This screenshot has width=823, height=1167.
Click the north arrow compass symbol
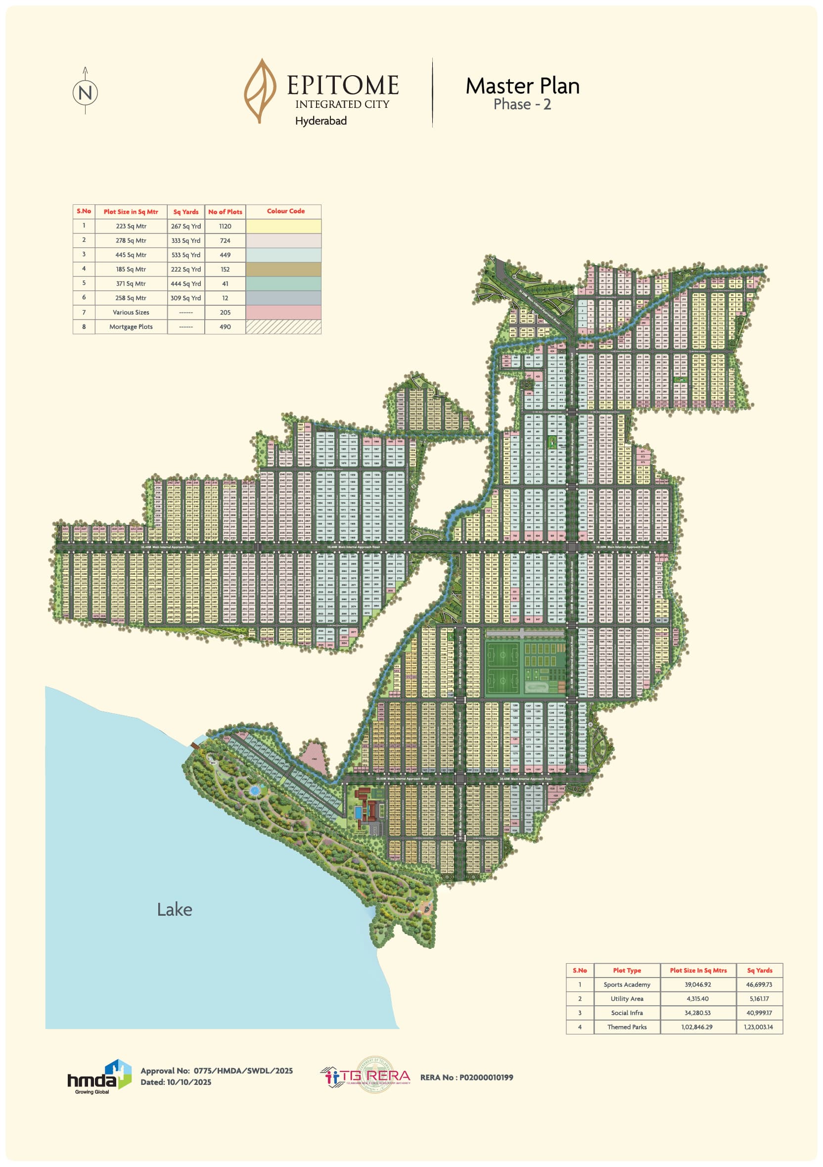click(x=86, y=92)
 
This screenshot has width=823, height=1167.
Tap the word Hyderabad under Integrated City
click(x=320, y=121)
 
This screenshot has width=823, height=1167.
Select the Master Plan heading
click(x=522, y=86)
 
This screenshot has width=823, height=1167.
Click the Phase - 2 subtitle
click(x=522, y=105)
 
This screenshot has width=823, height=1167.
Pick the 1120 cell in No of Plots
click(x=225, y=226)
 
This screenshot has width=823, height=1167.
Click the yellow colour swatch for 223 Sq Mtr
click(x=283, y=226)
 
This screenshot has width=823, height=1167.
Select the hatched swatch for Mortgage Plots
click(x=283, y=327)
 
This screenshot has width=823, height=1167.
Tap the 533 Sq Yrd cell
click(x=186, y=255)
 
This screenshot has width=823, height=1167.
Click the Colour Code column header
click(x=285, y=211)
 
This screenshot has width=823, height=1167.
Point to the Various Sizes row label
click(x=131, y=313)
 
